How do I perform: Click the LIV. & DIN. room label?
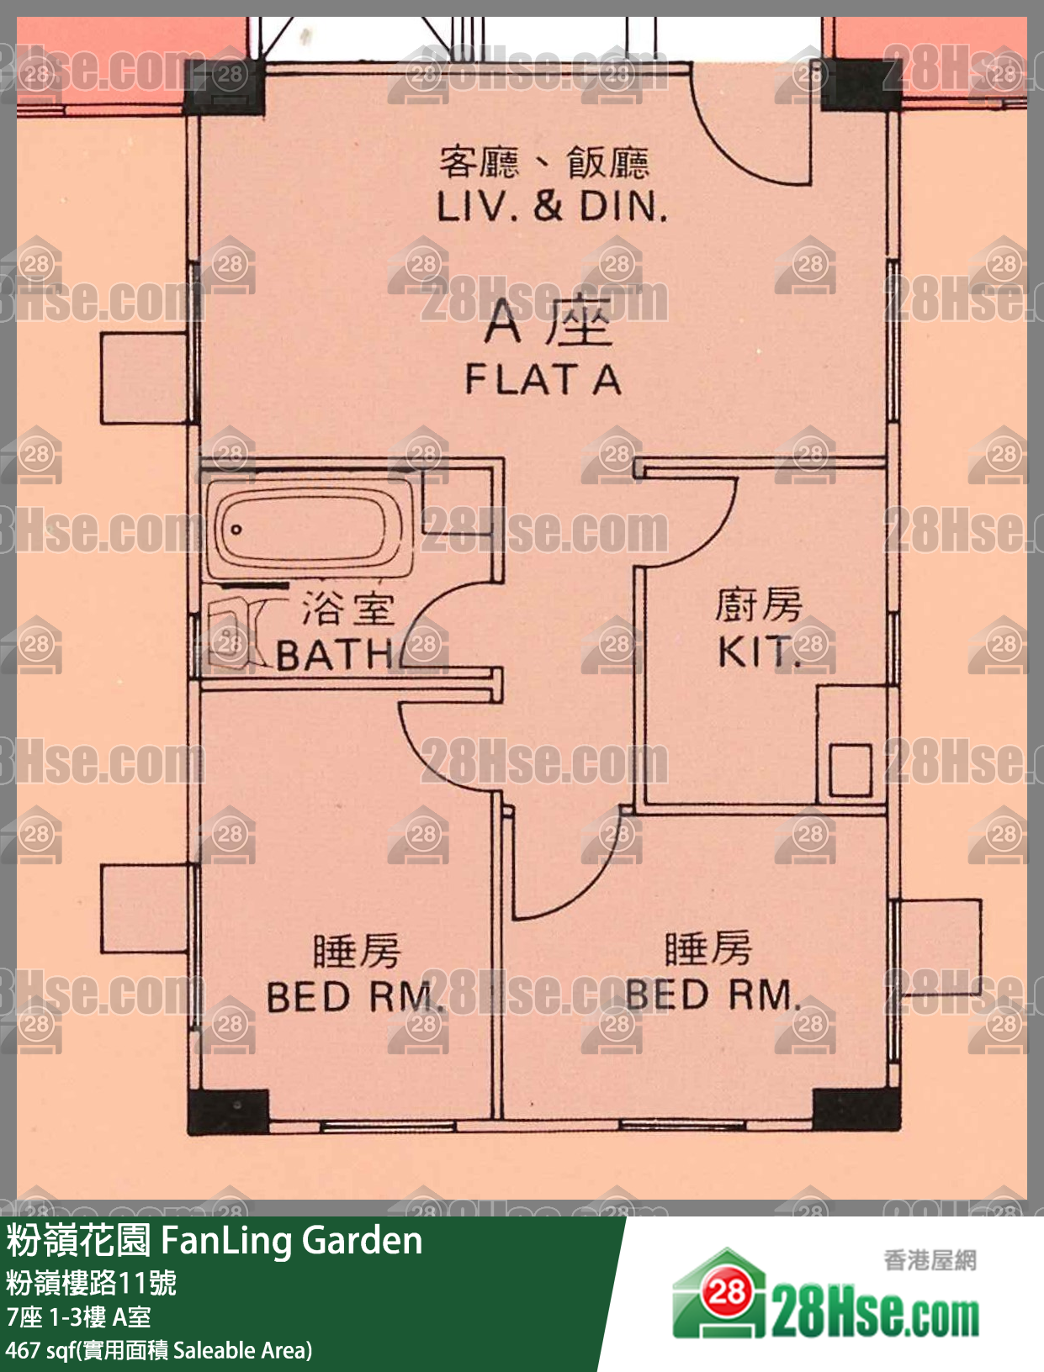tap(552, 207)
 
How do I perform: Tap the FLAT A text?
tap(543, 379)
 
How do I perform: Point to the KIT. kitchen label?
tap(758, 652)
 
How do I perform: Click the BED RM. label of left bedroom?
tap(355, 996)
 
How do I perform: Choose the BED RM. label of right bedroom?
tap(713, 994)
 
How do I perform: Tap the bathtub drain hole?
tap(236, 530)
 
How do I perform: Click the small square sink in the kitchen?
tap(851, 770)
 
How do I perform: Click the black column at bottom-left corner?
tap(229, 1112)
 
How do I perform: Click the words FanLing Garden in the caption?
tap(291, 1240)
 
